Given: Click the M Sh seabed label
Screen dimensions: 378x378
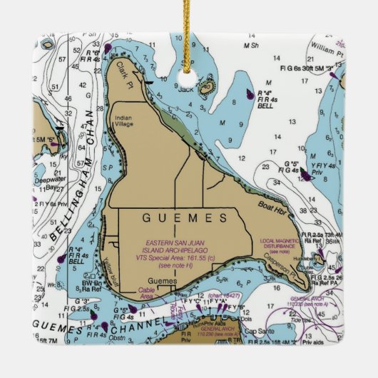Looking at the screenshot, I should click(250, 46).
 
